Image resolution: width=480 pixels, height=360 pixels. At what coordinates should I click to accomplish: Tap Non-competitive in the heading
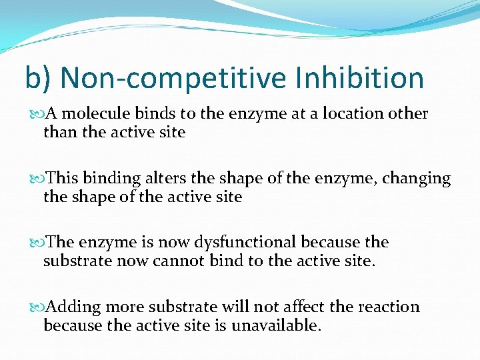pos(172,78)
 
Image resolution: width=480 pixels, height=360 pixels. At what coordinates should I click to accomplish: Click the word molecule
pos(92,114)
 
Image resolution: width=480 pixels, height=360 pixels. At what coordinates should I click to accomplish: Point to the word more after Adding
pos(125,307)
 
